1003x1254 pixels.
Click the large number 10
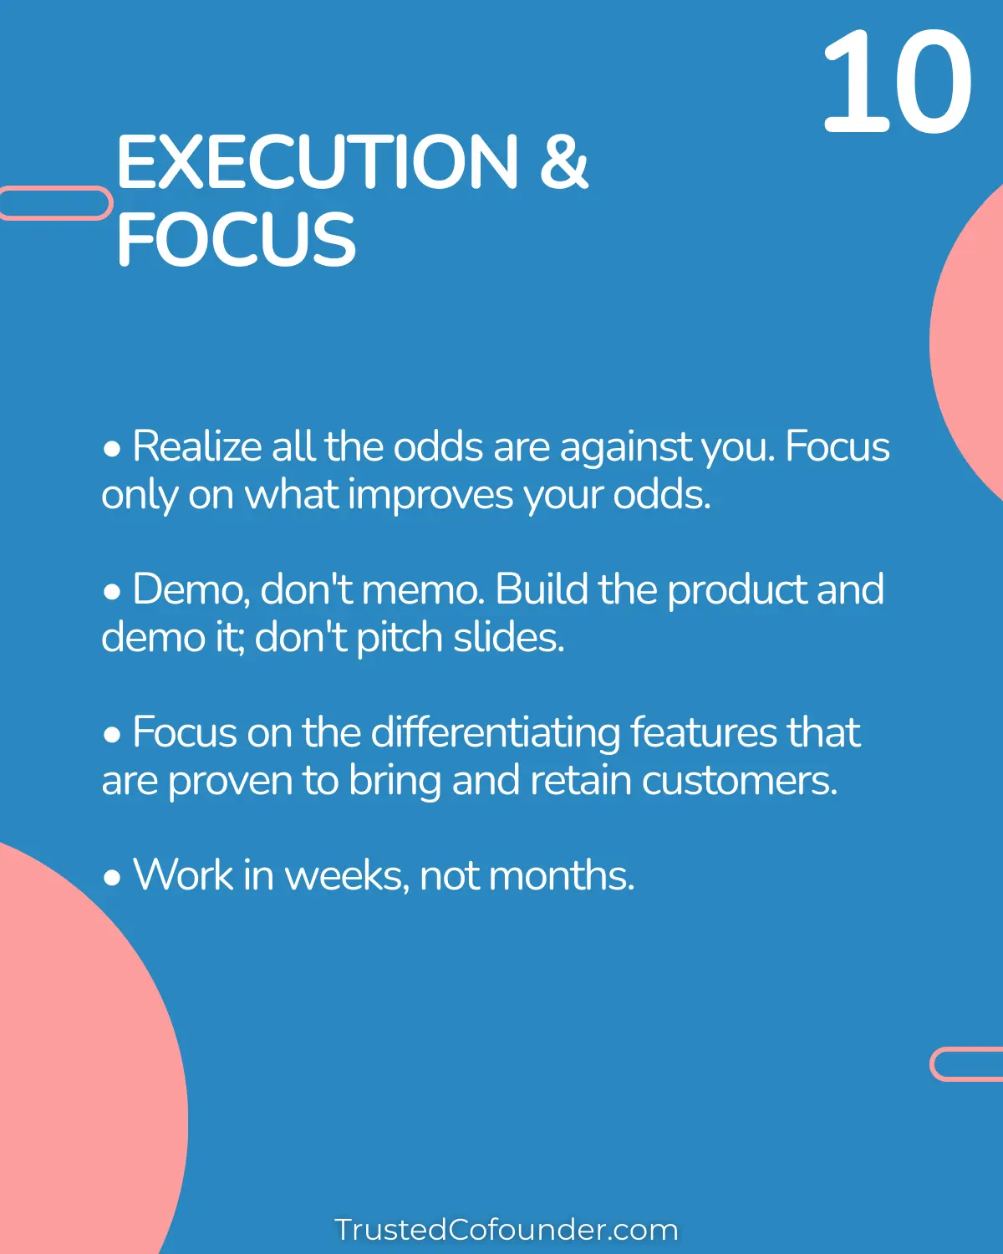coord(897,82)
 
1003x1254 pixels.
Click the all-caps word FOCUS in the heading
coord(237,239)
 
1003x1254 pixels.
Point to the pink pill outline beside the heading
coord(55,203)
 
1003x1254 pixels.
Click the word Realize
coord(197,446)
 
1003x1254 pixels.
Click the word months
coord(561,875)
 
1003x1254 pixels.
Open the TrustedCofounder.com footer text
coord(506,1230)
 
